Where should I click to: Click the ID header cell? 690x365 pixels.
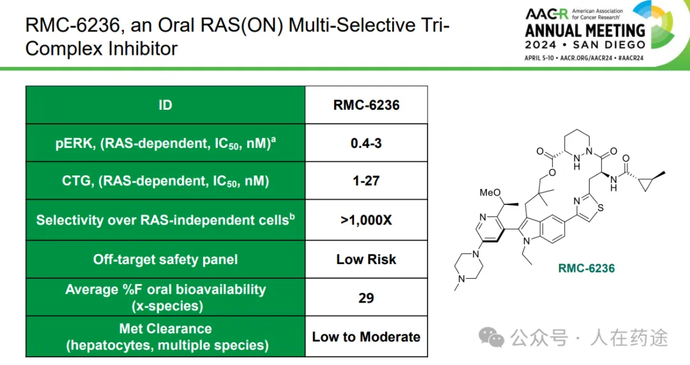click(165, 105)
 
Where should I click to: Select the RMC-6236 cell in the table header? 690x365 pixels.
click(366, 105)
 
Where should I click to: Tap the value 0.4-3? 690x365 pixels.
click(366, 143)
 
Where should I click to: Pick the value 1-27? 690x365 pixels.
click(366, 181)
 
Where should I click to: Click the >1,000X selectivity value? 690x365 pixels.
click(366, 220)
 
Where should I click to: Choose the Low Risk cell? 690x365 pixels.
click(366, 259)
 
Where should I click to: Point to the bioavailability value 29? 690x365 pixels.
click(366, 297)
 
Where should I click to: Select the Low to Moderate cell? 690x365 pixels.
click(366, 337)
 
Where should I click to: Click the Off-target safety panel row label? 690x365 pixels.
click(165, 259)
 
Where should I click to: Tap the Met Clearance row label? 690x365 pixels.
click(165, 337)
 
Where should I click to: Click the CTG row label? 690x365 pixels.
click(165, 181)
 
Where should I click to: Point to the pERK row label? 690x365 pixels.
click(165, 143)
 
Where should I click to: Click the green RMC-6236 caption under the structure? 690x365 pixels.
click(586, 268)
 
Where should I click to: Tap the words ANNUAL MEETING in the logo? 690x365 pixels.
click(585, 31)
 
